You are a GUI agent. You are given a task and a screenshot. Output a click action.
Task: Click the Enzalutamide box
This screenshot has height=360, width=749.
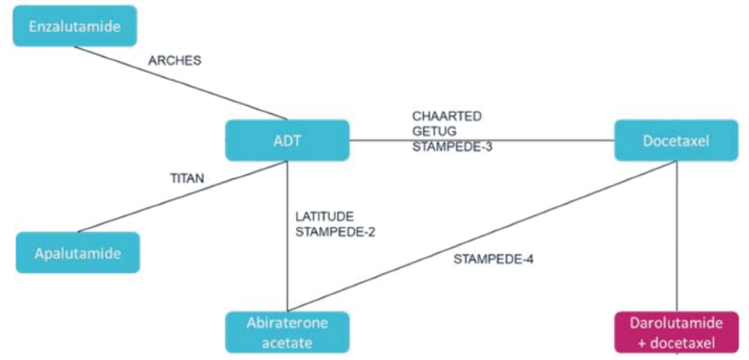click(74, 26)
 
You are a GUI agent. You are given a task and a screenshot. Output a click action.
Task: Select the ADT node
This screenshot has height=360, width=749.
click(287, 140)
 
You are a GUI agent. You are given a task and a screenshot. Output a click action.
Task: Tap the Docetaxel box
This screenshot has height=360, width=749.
click(676, 140)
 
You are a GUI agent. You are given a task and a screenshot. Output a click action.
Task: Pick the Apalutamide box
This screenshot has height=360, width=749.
click(77, 253)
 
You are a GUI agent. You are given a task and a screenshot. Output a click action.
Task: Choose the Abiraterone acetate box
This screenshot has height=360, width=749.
click(287, 333)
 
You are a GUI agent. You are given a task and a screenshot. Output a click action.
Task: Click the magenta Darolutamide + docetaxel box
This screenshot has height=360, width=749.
click(676, 333)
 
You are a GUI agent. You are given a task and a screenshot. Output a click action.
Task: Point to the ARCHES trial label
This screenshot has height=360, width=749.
click(175, 61)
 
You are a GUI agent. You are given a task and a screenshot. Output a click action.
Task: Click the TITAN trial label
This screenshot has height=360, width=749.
click(187, 178)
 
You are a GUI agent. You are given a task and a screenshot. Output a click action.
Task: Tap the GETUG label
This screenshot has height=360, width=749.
click(435, 131)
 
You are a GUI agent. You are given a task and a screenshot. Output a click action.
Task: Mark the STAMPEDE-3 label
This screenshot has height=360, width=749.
click(452, 146)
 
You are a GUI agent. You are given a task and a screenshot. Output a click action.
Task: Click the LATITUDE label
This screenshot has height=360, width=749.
click(324, 216)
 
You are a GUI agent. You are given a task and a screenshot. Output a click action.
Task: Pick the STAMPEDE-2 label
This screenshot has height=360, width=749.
click(335, 232)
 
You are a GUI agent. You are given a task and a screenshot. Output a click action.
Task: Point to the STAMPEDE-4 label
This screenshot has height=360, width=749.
click(493, 259)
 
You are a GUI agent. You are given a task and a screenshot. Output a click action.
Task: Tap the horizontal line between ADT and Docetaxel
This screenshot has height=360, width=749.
click(538, 140)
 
